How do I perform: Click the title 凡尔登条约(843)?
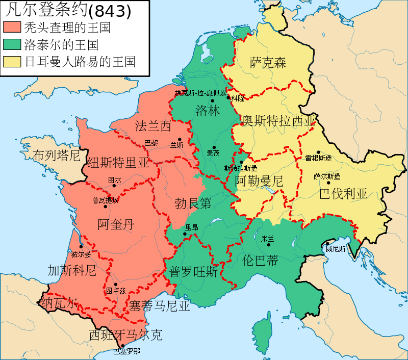pos(67,10)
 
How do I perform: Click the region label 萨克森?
pos(268,63)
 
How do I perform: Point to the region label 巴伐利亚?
pos(343,194)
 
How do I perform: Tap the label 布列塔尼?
pos(57,155)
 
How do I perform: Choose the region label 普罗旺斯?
pos(193,272)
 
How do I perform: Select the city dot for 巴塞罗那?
pos(122,346)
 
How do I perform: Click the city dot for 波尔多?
pos(81,247)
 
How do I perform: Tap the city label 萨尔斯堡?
pos(327,176)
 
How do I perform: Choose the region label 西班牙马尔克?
pos(125,335)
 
